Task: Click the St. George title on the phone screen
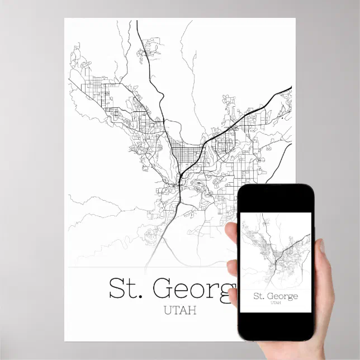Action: (x=276, y=296)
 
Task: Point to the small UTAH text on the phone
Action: (x=276, y=304)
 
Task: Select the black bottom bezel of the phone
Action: (x=276, y=326)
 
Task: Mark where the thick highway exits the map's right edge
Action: (x=290, y=88)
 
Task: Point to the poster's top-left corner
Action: (x=65, y=19)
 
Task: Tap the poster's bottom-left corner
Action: (x=65, y=340)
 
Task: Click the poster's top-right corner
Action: (x=295, y=19)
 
